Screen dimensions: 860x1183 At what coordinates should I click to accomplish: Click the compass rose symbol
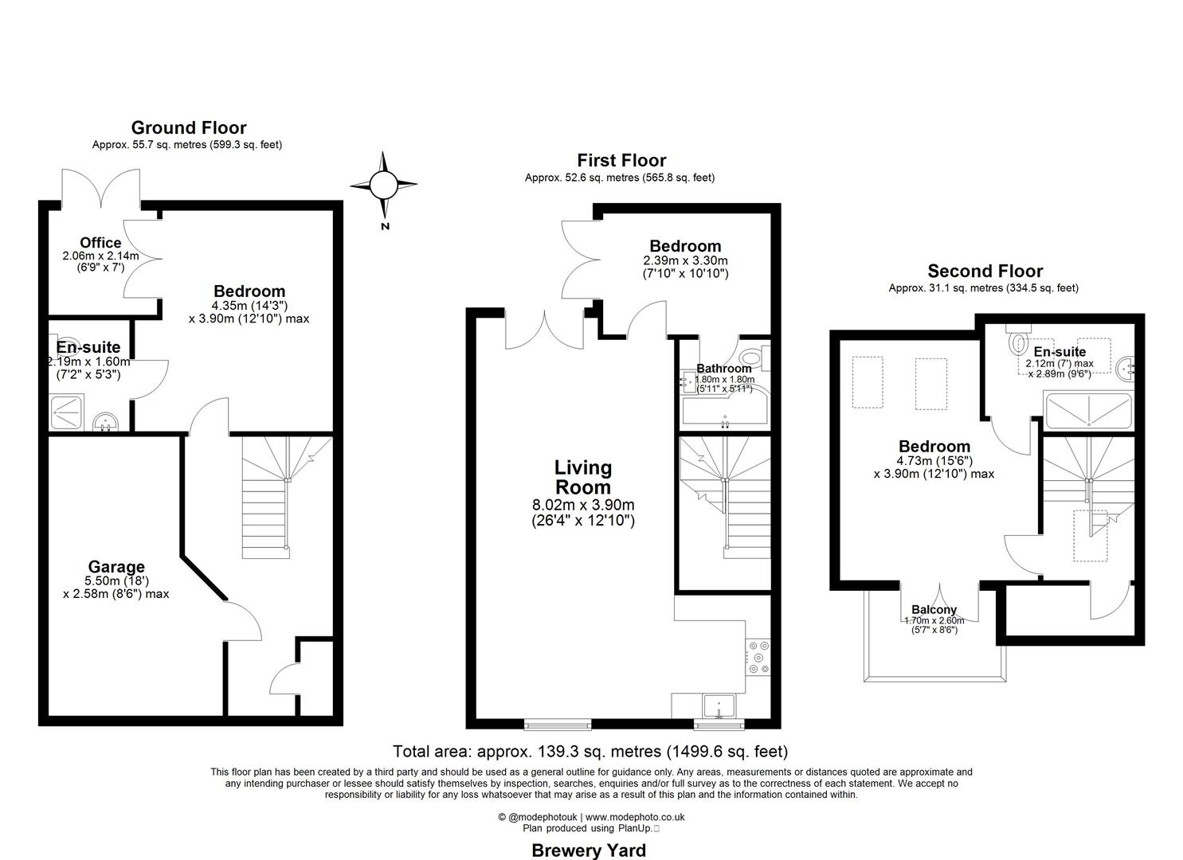point(383,186)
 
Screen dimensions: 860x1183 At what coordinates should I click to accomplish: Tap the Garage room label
point(116,567)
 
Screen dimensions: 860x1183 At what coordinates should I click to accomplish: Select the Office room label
point(100,243)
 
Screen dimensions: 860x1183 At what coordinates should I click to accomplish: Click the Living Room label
point(583,478)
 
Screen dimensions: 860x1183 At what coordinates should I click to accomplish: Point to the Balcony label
point(934,610)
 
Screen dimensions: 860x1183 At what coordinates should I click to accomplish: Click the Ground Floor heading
point(189,127)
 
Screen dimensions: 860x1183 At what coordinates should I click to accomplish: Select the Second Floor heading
point(985,271)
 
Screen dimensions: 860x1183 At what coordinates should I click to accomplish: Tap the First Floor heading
point(621,160)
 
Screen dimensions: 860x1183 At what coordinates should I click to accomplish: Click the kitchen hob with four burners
point(758,657)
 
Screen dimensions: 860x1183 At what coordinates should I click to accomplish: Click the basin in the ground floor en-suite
point(104,422)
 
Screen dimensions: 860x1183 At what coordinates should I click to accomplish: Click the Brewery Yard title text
point(588,850)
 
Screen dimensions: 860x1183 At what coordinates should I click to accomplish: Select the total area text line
point(590,751)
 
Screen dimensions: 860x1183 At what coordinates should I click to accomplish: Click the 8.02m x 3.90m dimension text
point(583,505)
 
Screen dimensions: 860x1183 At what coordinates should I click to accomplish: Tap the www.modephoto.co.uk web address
point(635,817)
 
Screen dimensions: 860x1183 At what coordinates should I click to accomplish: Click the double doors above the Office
point(101,187)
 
